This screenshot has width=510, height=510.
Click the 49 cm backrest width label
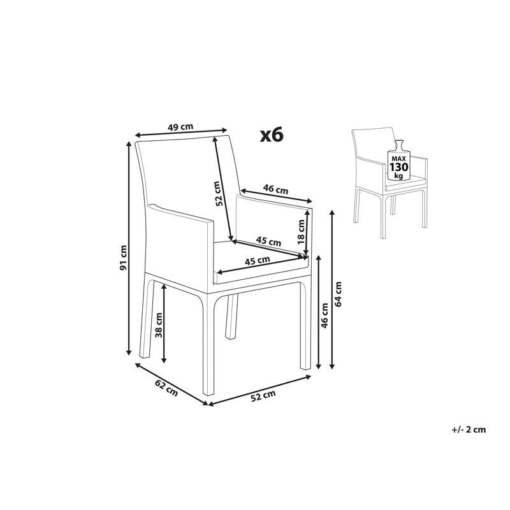[180, 126]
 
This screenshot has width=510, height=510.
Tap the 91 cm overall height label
[123, 258]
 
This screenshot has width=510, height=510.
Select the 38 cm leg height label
[159, 324]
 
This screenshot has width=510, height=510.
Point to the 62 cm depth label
[166, 388]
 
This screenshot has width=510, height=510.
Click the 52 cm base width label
[263, 395]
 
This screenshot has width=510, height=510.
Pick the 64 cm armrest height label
[338, 294]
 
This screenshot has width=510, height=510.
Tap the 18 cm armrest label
[301, 231]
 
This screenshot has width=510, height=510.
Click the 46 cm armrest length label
[275, 189]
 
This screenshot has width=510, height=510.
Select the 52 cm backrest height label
[219, 193]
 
